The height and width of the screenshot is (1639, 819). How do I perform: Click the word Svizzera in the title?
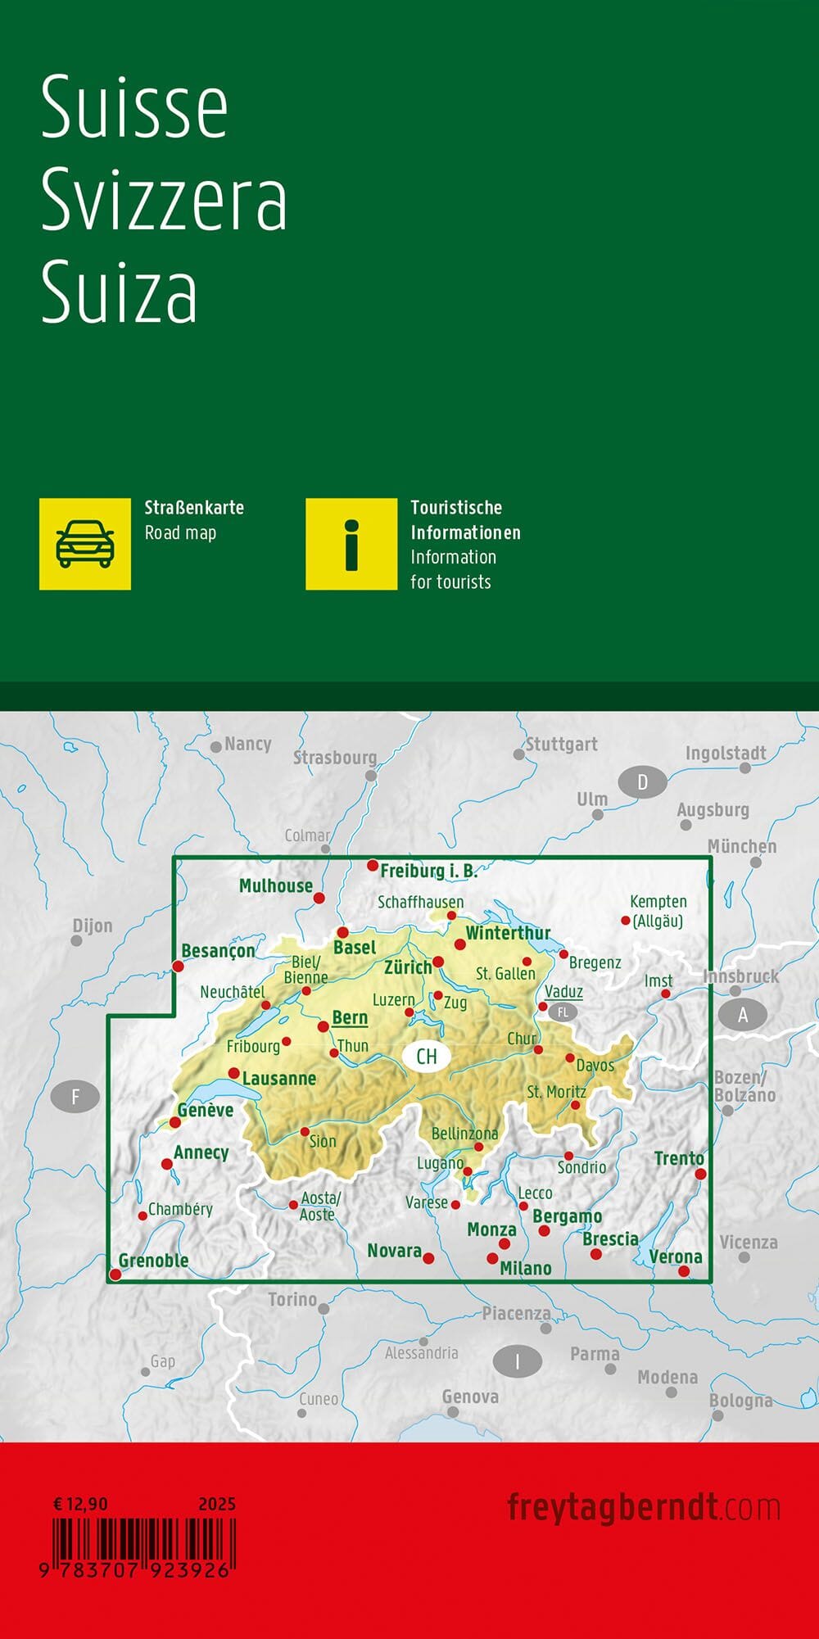[x=164, y=199]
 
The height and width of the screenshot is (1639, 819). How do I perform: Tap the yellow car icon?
[x=85, y=544]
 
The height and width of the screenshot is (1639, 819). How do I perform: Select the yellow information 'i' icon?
[x=351, y=544]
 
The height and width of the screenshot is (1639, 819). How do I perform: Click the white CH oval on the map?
[x=427, y=1056]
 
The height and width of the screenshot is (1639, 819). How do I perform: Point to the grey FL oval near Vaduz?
[x=563, y=1012]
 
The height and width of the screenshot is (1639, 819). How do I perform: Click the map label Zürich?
[x=408, y=967]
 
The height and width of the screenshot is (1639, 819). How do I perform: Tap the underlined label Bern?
[x=350, y=1017]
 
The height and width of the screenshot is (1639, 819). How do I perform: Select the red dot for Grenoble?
[x=115, y=1274]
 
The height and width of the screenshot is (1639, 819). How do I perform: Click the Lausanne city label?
[x=278, y=1079]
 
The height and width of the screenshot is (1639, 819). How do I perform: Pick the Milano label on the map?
[x=525, y=1268]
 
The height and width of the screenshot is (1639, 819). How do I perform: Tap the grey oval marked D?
[x=643, y=782]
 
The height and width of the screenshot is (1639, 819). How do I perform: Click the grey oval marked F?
[x=75, y=1096]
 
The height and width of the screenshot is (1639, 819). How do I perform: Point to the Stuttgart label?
[x=561, y=745]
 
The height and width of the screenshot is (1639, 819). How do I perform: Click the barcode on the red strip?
[x=144, y=1541]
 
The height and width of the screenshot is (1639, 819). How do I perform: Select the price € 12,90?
[x=80, y=1504]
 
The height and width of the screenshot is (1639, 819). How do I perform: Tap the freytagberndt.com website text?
[x=643, y=1507]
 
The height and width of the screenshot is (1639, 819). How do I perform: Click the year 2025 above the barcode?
[x=216, y=1504]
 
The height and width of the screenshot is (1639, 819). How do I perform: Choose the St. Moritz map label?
[x=556, y=1092]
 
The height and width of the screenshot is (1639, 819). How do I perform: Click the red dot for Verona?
[x=684, y=1271]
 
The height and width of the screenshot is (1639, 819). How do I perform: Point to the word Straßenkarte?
[x=194, y=508]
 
